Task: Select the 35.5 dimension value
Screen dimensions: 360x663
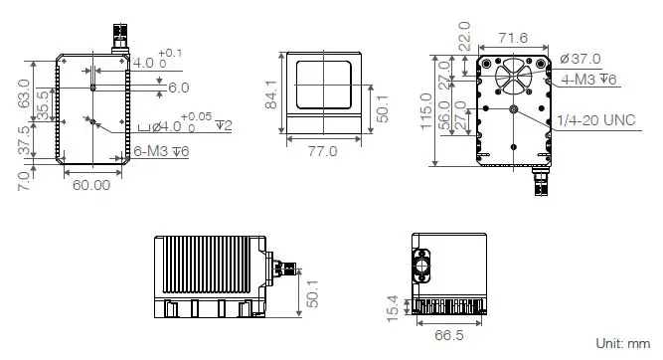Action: tap(43, 101)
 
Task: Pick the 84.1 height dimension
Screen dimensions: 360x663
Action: tap(269, 94)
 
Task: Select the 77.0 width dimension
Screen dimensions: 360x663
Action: tap(323, 151)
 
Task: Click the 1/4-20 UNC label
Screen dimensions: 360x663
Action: tap(596, 119)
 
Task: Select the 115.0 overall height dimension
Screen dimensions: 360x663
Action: tap(426, 110)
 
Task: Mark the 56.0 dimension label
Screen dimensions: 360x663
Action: tap(443, 111)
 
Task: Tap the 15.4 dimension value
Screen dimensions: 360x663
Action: tap(394, 305)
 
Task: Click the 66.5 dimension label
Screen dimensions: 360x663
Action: tap(449, 335)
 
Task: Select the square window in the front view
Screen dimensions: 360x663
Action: tap(323, 84)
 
